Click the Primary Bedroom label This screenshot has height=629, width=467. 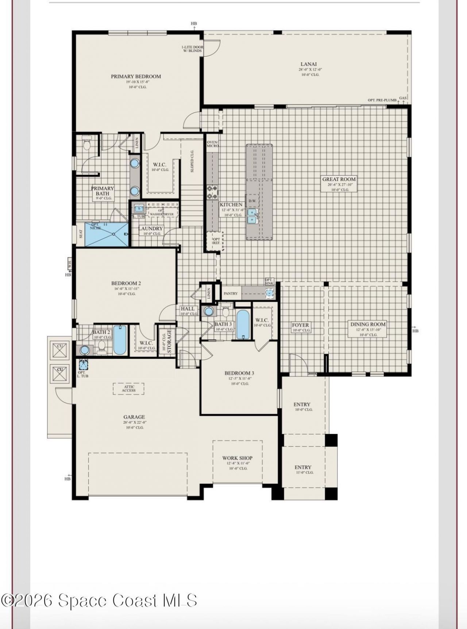click(136, 77)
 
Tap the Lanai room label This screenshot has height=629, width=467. click(309, 64)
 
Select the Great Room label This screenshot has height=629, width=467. click(339, 179)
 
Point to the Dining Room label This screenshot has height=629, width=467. click(368, 324)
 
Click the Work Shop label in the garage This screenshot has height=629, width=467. click(238, 458)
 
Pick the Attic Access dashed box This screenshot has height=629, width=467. click(128, 388)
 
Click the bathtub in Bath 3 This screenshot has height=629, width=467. click(243, 324)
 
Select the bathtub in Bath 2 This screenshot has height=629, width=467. click(120, 340)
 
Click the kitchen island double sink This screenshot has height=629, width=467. click(252, 216)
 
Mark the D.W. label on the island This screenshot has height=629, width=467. click(252, 201)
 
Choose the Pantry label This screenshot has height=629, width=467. click(231, 294)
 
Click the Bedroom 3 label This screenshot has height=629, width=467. click(239, 373)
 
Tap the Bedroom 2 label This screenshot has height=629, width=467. click(126, 283)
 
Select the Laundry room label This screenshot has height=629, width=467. click(150, 229)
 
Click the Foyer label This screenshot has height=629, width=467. click(300, 325)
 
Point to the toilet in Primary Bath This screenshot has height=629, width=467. click(87, 145)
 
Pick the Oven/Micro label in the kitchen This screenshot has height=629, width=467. click(212, 144)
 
